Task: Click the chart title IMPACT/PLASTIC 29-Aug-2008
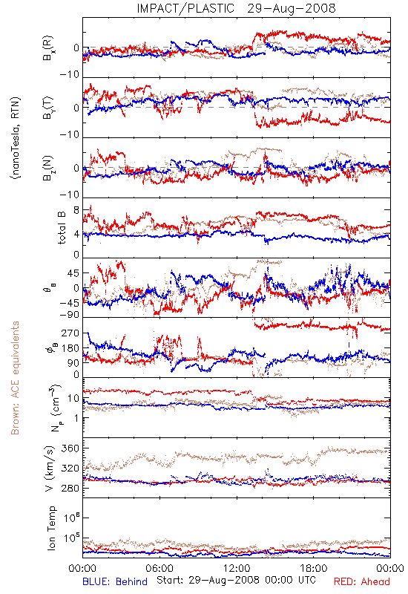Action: [x=236, y=8]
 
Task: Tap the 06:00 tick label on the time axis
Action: [x=159, y=568]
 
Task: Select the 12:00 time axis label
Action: [x=237, y=568]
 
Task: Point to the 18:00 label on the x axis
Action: [x=314, y=568]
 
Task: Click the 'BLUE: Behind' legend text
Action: [x=115, y=581]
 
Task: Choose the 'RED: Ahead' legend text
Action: [x=362, y=581]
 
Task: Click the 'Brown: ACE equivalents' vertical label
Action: [x=15, y=378]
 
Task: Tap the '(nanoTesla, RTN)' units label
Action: [x=16, y=138]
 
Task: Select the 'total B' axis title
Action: [x=62, y=228]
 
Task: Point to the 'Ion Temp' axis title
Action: [x=51, y=528]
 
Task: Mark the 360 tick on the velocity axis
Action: [x=70, y=448]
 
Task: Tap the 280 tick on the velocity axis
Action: [x=70, y=488]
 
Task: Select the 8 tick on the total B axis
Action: [x=76, y=210]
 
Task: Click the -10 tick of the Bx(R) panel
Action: [x=69, y=75]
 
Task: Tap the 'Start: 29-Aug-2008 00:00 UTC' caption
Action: [x=236, y=580]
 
